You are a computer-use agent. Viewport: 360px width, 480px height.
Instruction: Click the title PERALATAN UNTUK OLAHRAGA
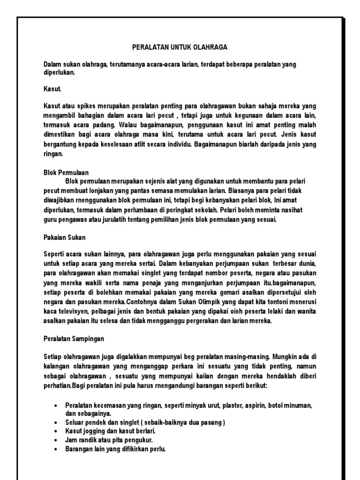click(x=180, y=47)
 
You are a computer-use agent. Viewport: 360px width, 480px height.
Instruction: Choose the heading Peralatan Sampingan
click(x=74, y=338)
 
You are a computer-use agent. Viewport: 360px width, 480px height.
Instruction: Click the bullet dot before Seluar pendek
click(x=56, y=422)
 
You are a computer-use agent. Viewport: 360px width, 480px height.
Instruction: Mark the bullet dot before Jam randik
click(x=56, y=440)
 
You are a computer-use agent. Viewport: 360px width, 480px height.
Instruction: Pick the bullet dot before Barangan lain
click(x=56, y=449)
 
